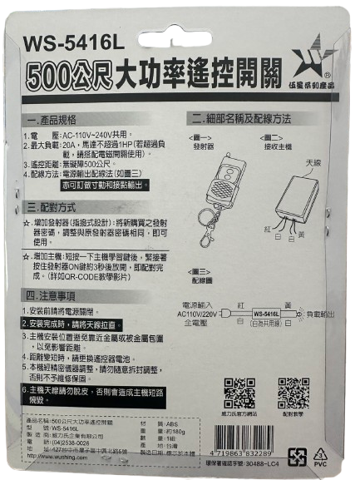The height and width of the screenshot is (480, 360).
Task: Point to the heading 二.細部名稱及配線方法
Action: pos(239,119)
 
